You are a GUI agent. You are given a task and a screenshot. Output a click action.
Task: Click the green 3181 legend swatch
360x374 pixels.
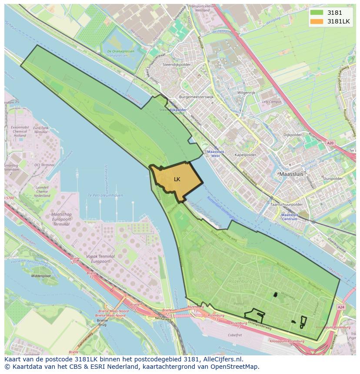coord(317,13)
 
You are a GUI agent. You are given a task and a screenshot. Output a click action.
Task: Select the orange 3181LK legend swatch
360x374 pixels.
coord(317,21)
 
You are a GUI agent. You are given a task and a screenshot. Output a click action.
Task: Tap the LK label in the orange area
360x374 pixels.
coord(177,179)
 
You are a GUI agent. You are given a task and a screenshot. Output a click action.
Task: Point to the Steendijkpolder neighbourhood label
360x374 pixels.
coord(177,64)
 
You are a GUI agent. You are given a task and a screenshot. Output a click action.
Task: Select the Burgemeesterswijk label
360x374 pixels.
coord(196,97)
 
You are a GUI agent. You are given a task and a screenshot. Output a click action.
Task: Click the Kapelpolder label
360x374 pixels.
coord(245,154)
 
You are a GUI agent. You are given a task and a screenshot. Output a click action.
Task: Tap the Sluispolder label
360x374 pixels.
coord(333,179)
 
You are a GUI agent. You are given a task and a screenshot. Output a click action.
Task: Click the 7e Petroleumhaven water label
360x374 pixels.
coord(105,195)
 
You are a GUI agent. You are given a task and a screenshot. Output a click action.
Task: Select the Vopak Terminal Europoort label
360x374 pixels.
coord(101,259)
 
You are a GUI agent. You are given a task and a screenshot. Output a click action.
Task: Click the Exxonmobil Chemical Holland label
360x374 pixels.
coord(20,131)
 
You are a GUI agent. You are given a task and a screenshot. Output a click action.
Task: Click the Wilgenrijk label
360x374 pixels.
coord(246,93)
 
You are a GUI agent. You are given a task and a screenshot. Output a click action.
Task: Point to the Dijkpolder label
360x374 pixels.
coord(292,135)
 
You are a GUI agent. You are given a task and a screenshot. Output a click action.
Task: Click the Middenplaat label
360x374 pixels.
coord(41,275)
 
